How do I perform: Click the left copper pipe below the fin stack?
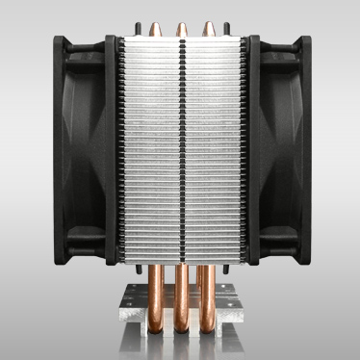click(156, 289)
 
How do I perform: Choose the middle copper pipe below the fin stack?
click(180, 289)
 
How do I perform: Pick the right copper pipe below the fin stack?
click(204, 289)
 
